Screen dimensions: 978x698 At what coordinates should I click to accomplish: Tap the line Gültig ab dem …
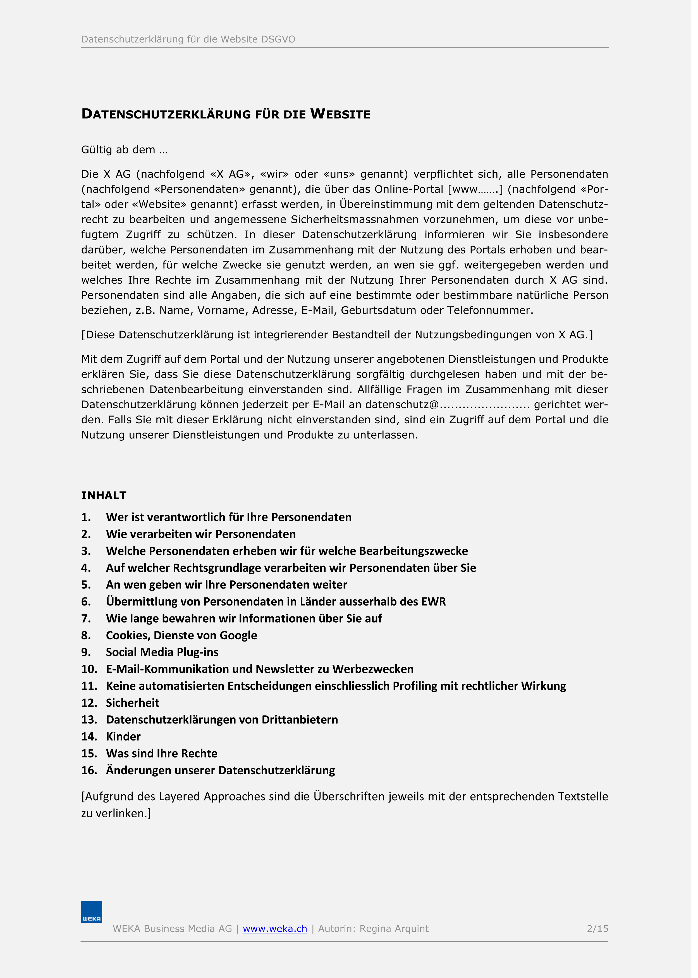(x=124, y=150)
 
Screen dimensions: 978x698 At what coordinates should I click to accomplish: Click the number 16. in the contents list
(x=89, y=770)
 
